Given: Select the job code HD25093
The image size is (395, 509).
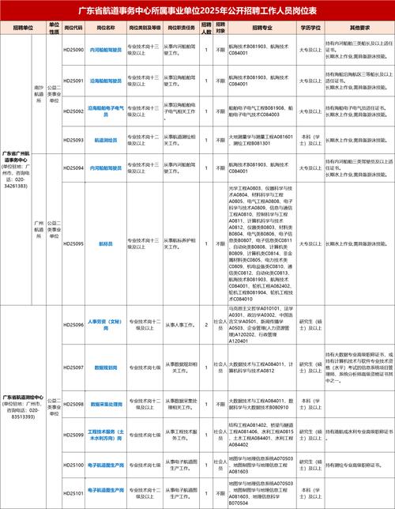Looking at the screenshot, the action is (74, 139).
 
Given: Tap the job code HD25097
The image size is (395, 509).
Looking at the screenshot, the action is (74, 368).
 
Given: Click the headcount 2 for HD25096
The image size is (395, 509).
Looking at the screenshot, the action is (205, 324).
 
